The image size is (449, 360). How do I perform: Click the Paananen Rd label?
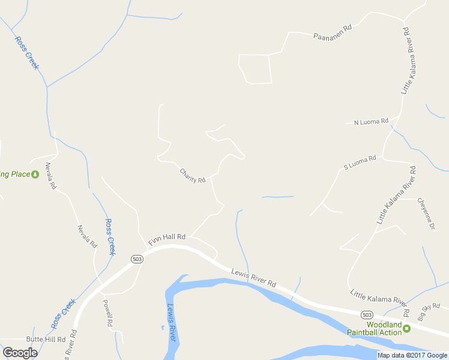(332, 32)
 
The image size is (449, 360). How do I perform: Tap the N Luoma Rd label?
(371, 122)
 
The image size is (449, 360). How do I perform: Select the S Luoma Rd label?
(360, 162)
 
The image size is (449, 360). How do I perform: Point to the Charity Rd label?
(193, 175)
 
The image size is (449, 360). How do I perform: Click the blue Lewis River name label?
(172, 322)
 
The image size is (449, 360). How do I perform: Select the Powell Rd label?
(108, 313)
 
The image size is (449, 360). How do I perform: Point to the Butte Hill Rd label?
(49, 340)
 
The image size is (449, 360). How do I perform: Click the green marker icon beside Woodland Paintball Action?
(406, 328)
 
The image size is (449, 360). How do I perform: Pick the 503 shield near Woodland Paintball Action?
(367, 314)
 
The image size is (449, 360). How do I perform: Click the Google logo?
(20, 353)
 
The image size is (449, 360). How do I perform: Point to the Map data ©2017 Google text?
(412, 355)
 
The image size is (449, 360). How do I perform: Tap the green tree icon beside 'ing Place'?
(35, 174)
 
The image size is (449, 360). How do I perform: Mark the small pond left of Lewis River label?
(162, 328)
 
